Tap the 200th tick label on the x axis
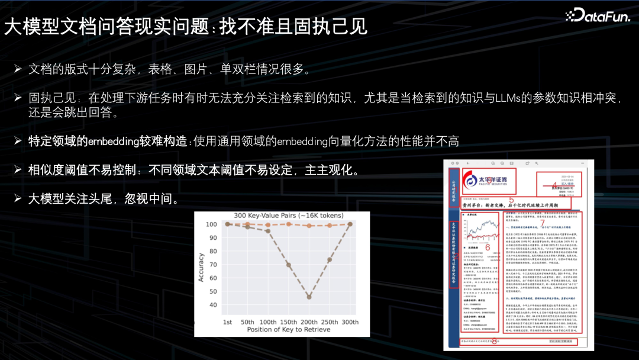(309, 322)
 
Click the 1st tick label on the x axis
(227, 322)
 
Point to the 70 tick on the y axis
(212, 263)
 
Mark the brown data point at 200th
(309, 296)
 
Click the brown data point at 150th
(289, 264)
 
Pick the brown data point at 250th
(330, 260)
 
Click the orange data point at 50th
(247, 224)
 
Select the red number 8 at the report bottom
(495, 340)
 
